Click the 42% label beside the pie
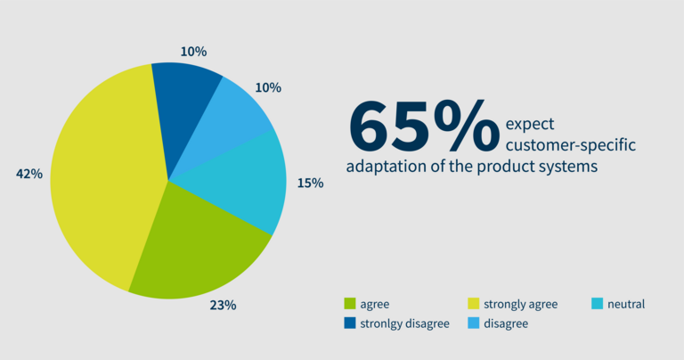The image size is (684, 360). coord(29,174)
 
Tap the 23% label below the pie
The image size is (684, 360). coord(223,305)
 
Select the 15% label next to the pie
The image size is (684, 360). coord(310,184)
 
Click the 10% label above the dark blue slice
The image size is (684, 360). coord(193,52)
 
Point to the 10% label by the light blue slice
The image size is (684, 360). coord(268,87)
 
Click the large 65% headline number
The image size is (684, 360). coord(424,126)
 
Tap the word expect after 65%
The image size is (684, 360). coord(530,125)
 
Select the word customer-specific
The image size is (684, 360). coord(571,145)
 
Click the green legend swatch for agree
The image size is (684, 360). coord(350,303)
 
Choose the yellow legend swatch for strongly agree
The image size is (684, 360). coord(473,303)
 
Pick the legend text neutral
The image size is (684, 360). coord(626,304)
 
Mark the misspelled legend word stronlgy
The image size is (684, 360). coord(381,323)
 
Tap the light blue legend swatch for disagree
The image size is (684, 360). coord(473,323)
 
